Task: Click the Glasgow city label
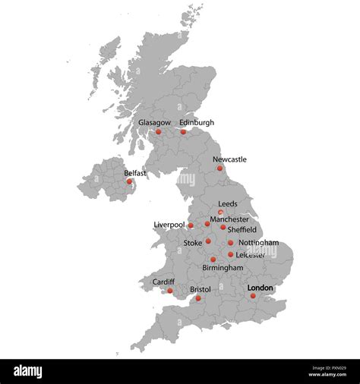(x=154, y=122)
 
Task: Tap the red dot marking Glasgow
(x=159, y=132)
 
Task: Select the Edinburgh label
(x=197, y=122)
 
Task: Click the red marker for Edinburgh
(x=183, y=132)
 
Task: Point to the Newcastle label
(x=229, y=159)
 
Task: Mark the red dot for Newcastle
(x=219, y=168)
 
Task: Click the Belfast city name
(x=136, y=173)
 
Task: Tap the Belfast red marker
(x=129, y=181)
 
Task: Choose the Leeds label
(x=228, y=204)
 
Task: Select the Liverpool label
(x=169, y=225)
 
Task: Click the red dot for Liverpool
(x=191, y=225)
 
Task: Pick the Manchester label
(x=229, y=219)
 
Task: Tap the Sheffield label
(x=242, y=229)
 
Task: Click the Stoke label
(x=193, y=243)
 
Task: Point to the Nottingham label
(x=258, y=243)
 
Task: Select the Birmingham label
(x=223, y=268)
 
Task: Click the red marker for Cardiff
(x=170, y=291)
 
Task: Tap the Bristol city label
(x=201, y=289)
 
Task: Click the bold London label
(x=261, y=288)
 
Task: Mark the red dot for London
(x=253, y=295)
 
